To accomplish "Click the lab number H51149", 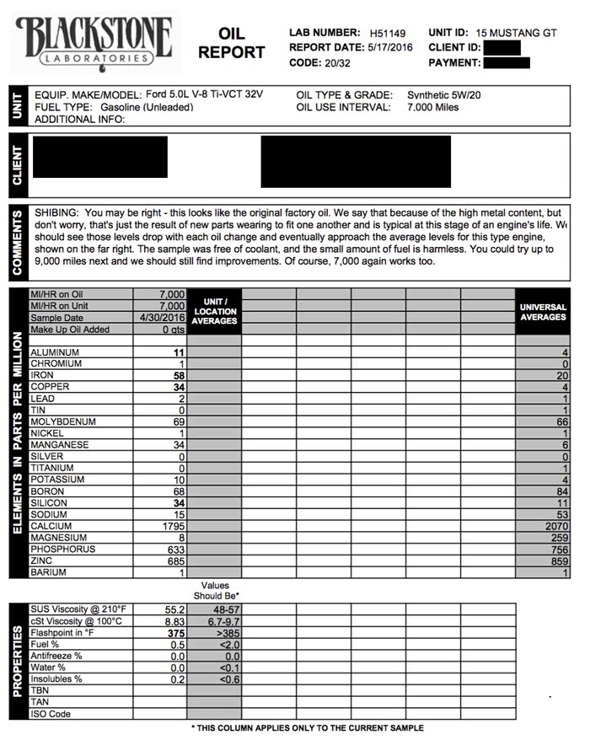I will coord(388,33).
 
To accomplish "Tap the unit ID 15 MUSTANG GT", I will coord(517,33).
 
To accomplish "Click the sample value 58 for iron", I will coord(178,375).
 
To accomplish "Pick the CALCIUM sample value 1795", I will coord(172,526).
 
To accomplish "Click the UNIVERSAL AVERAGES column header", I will coord(543,312).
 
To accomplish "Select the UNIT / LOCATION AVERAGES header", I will coord(214,311).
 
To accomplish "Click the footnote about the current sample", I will coord(307,727).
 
